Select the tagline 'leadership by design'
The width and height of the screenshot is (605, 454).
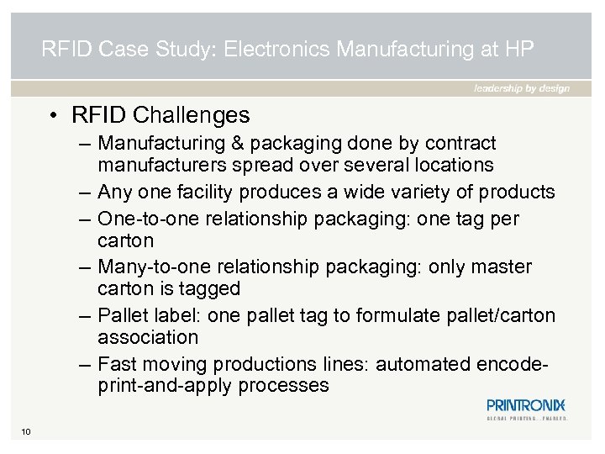521,88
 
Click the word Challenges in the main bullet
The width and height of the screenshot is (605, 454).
192,114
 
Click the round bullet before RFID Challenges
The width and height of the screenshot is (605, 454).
51,114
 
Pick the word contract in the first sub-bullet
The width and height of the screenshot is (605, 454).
463,143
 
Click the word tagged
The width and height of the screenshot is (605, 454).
213,288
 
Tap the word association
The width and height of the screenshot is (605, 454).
148,337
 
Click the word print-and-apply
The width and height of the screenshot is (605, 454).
164,386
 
